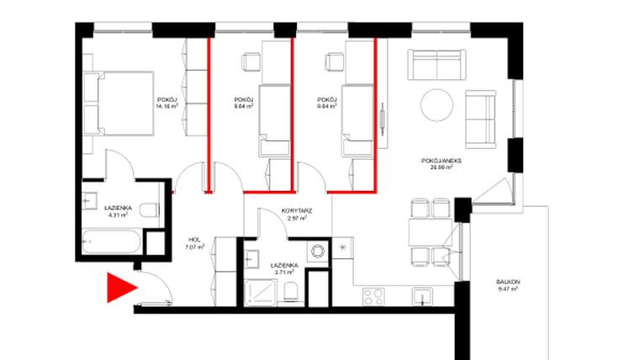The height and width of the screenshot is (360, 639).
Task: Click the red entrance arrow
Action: click(120, 288)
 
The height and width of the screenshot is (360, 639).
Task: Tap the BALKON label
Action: click(507, 282)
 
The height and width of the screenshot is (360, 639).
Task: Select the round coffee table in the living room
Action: click(437, 105)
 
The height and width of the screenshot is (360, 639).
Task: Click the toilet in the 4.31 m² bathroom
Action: click(149, 210)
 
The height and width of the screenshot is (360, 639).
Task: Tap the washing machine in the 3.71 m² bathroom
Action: click(317, 252)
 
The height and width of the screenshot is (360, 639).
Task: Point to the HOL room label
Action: click(195, 241)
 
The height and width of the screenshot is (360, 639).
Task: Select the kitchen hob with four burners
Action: click(372, 296)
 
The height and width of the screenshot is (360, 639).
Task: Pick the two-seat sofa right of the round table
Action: click(481, 116)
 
